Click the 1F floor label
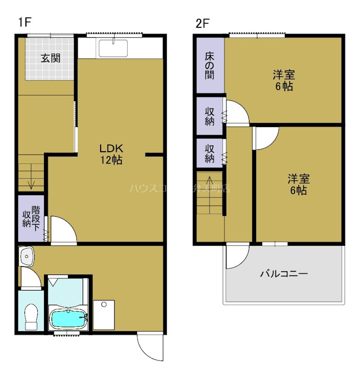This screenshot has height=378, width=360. click(24, 22)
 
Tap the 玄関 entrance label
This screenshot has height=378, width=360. click(50, 59)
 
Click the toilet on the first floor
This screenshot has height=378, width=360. click(31, 315)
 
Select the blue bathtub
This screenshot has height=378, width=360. click(69, 320)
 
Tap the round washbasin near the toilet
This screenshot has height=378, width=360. click(27, 258)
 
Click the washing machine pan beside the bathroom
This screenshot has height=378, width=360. click(104, 315)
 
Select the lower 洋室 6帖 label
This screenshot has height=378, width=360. click(299, 184)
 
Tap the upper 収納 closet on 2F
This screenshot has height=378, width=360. click(210, 116)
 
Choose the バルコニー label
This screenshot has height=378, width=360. click(284, 274)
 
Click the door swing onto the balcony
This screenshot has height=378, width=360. click(237, 258)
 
